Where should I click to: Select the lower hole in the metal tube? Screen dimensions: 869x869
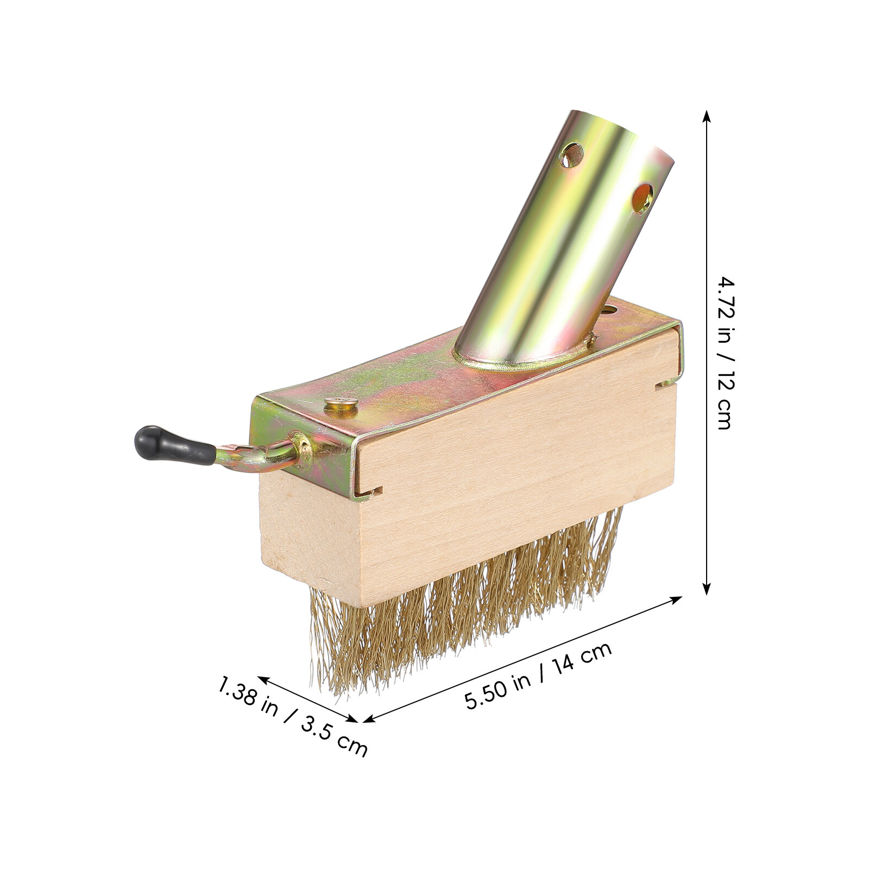tap(643, 199)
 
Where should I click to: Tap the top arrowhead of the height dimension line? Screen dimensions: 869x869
tap(706, 117)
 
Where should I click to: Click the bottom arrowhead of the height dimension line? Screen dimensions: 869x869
tap(706, 587)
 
